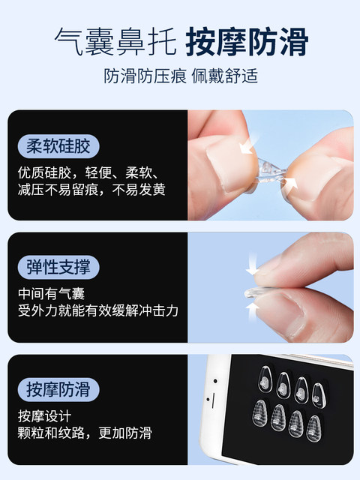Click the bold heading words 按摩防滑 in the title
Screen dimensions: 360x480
pos(247,42)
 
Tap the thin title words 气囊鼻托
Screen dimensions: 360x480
pos(115,42)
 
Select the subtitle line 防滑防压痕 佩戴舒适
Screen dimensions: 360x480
pos(181,76)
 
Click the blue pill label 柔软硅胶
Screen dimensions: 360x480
pos(58,146)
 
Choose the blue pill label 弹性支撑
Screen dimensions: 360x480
pos(58,267)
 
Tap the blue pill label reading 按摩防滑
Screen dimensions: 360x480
pos(58,389)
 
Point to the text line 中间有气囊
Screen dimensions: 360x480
pos(51,294)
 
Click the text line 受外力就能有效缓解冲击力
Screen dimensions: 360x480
pos(98,310)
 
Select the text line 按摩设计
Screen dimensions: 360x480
pos(44,416)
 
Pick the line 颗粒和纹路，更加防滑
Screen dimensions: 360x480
pos(85,433)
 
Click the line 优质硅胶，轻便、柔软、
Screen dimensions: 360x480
pos(88,173)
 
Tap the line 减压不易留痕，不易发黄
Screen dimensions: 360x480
pos(91,190)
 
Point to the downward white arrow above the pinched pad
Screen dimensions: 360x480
pos(252,263)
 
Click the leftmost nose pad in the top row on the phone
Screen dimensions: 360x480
pos(265,379)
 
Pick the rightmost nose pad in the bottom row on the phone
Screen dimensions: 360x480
pos(314,428)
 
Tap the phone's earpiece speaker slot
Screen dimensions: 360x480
pos(213,400)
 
